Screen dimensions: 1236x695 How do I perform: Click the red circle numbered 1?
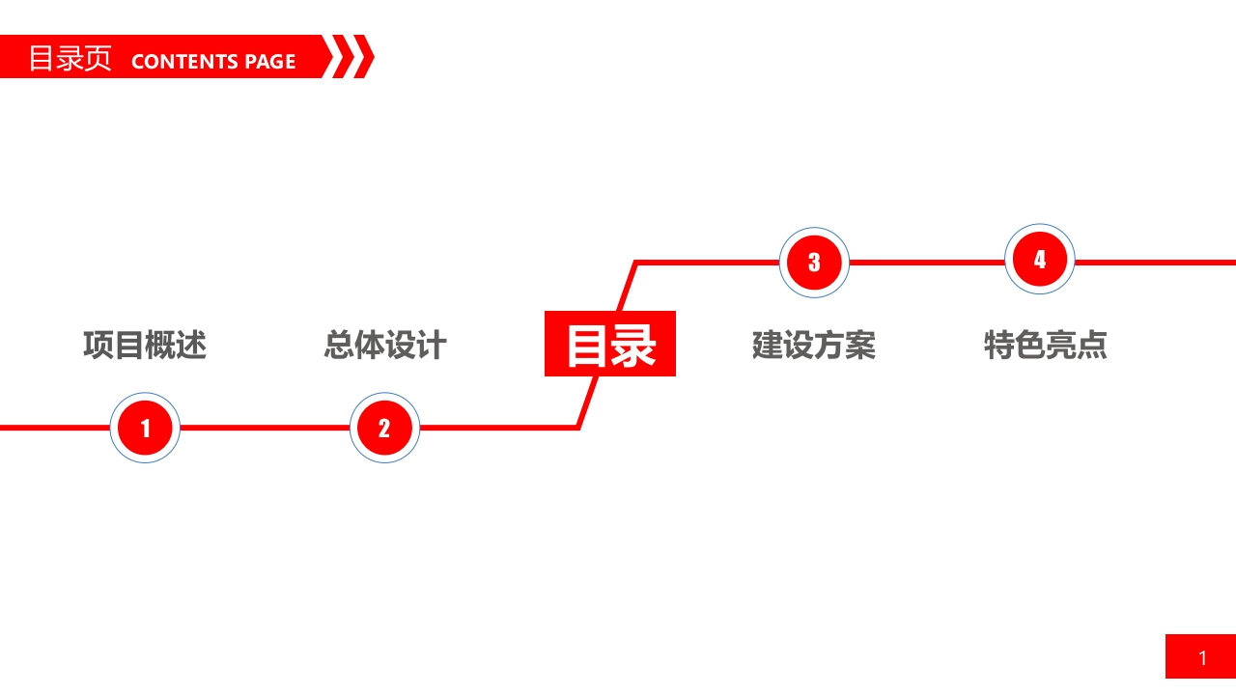(145, 428)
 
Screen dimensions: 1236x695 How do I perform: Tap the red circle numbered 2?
(384, 428)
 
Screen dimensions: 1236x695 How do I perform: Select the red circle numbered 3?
(814, 263)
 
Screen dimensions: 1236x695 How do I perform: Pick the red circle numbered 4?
(1040, 259)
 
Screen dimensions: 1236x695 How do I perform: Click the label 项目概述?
(145, 346)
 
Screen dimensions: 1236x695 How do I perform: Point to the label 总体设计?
(385, 346)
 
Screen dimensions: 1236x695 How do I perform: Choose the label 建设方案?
(814, 346)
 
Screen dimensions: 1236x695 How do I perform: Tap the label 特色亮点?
(1046, 346)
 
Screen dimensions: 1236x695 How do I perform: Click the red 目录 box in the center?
(610, 344)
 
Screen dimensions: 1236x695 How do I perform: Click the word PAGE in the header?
(270, 61)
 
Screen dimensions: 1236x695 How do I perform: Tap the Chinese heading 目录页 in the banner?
(70, 58)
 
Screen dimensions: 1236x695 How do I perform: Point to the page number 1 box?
(1200, 656)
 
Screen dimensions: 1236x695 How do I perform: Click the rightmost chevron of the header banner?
(364, 56)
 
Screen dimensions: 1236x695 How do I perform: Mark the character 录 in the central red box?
(634, 346)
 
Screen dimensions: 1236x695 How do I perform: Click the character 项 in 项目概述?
(98, 346)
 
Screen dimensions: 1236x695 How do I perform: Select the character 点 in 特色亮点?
(1092, 346)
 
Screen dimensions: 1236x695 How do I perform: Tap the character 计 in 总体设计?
(432, 346)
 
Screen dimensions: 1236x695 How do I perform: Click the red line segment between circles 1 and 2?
(265, 428)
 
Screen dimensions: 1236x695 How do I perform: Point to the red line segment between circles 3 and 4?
(927, 263)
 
